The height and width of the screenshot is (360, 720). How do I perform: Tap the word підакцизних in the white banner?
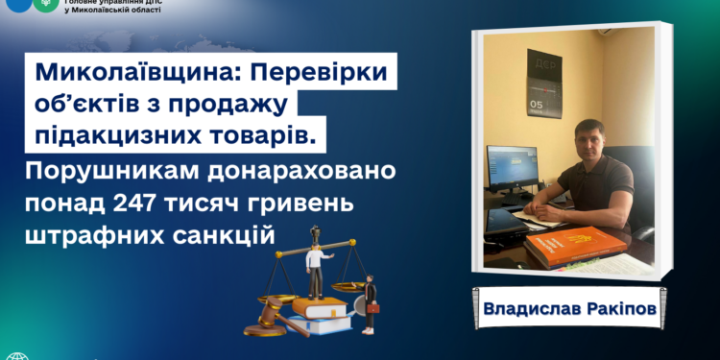point(116,133)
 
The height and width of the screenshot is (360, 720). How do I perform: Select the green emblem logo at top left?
point(44,5)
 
